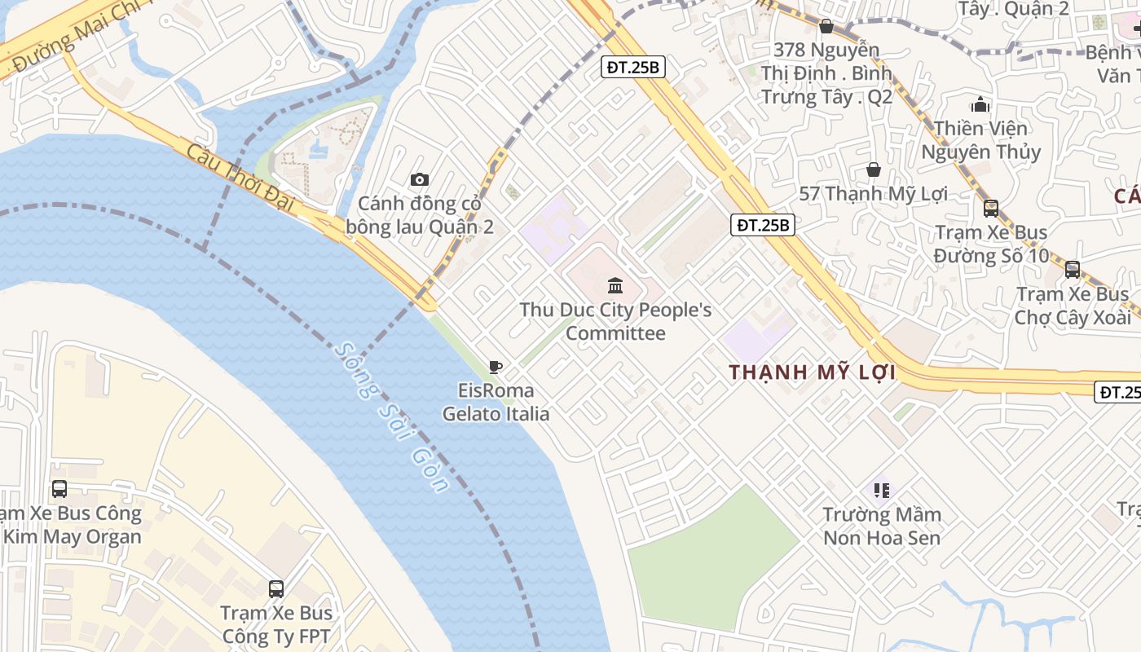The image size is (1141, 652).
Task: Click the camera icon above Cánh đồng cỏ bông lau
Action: [420, 179]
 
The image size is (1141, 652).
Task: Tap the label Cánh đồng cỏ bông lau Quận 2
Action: [420, 214]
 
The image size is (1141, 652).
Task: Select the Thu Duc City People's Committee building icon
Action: [615, 285]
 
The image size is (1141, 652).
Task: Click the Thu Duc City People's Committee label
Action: [615, 321]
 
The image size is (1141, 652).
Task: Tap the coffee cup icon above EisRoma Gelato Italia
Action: [495, 367]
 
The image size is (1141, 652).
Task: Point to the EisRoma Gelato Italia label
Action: [496, 402]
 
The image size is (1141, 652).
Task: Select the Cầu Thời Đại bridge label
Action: [240, 177]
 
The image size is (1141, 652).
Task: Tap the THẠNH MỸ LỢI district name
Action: [812, 372]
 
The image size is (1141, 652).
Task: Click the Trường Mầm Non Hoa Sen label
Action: [882, 526]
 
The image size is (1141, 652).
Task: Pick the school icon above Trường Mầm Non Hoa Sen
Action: [881, 490]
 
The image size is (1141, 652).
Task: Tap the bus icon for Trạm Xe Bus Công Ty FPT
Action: [276, 588]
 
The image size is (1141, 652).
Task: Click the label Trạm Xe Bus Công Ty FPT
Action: [276, 624]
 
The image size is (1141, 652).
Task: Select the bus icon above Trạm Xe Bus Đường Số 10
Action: [991, 208]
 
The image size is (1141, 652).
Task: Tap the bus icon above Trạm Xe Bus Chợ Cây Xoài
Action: [1073, 269]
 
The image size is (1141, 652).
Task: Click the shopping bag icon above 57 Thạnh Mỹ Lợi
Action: [874, 170]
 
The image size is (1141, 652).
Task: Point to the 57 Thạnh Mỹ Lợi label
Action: [874, 194]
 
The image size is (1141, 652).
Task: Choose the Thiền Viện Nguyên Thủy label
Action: [980, 140]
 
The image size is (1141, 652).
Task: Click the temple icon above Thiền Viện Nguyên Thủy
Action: [980, 104]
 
